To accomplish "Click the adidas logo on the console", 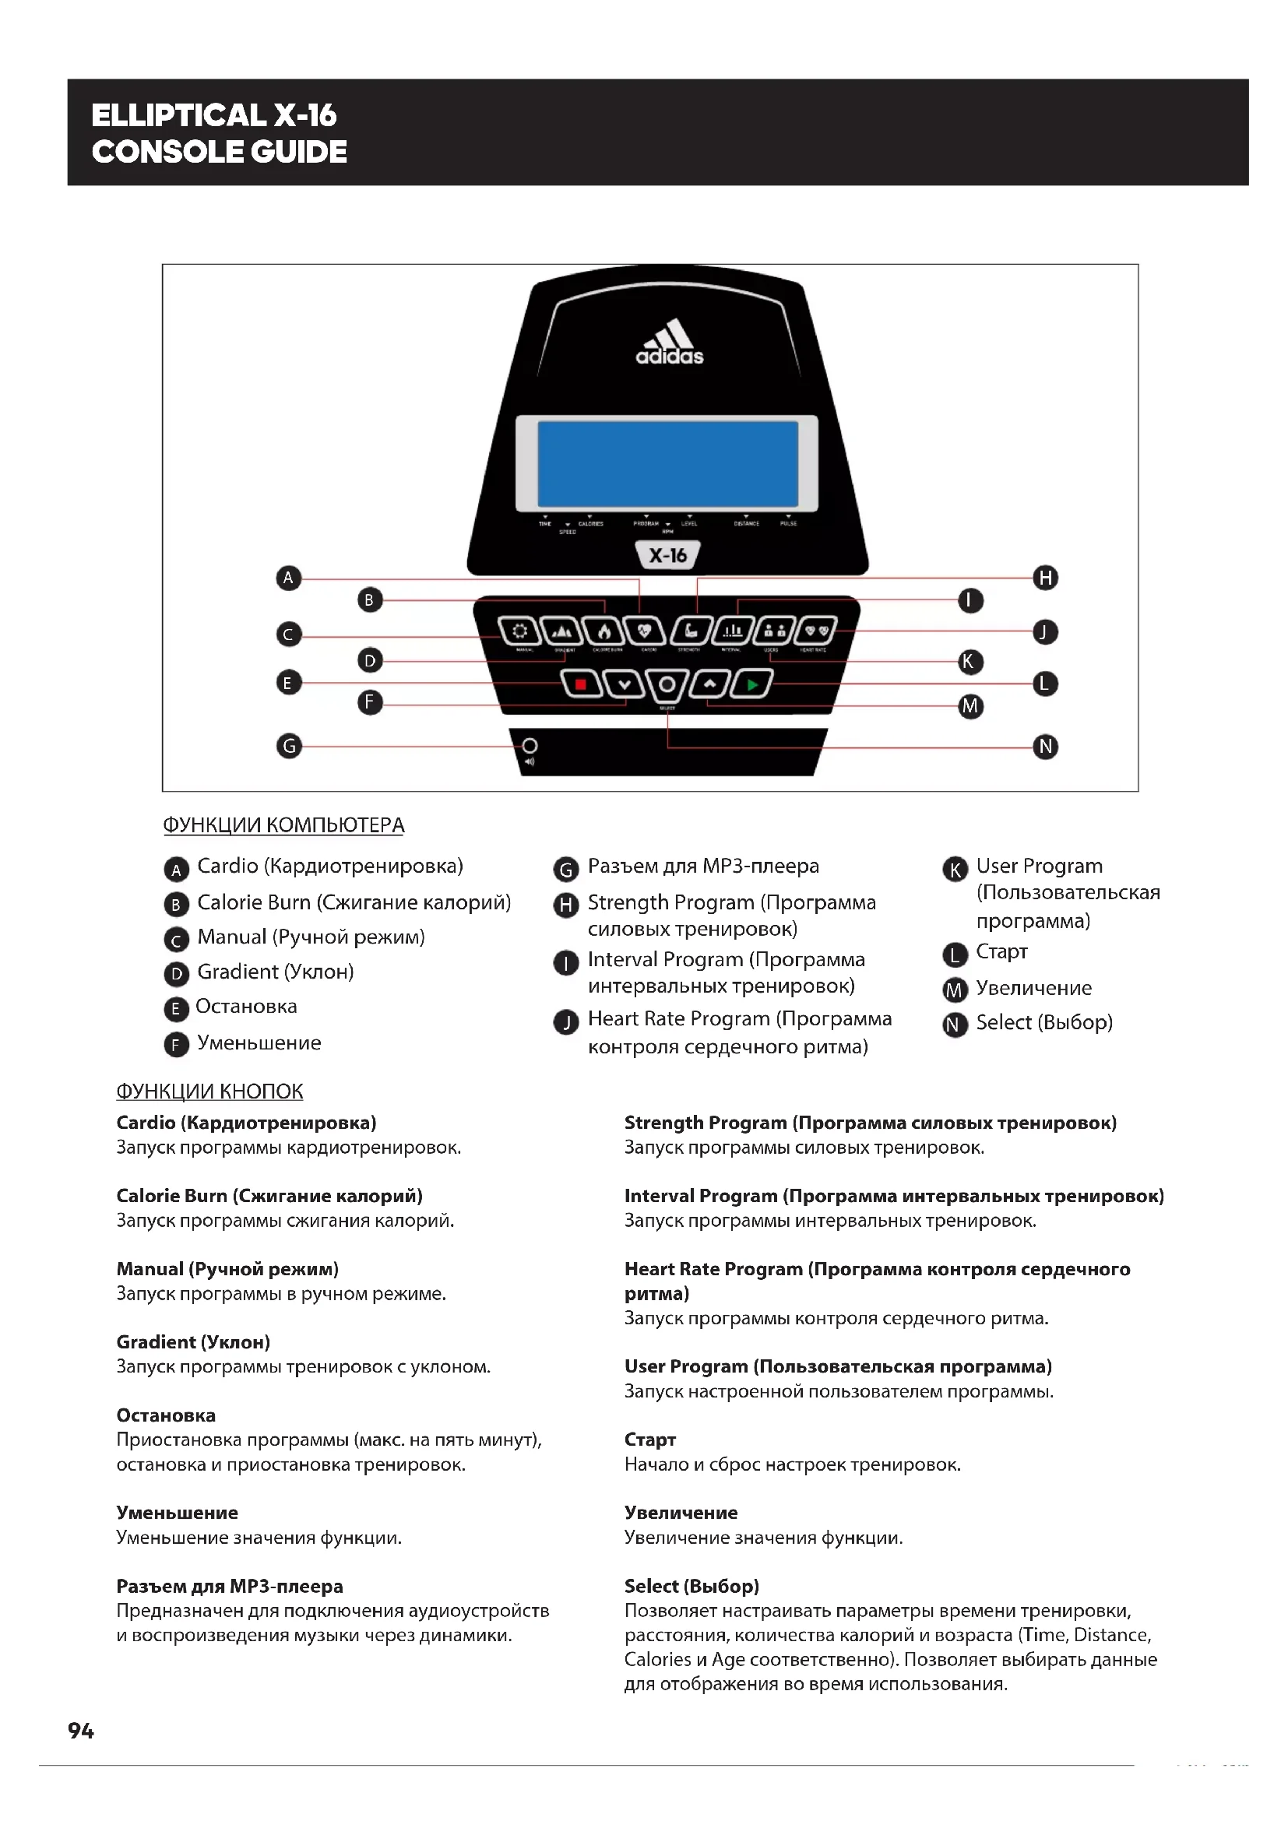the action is point(670,342).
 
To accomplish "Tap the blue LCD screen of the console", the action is point(668,464).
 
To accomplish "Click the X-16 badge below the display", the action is point(668,555).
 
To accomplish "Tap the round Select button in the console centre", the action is point(667,684).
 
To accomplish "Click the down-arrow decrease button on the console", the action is point(625,684).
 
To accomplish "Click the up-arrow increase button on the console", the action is point(710,684).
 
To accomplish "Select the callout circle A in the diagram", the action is point(289,578).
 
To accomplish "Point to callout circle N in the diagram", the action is point(1045,747).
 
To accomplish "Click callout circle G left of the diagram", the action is point(289,746).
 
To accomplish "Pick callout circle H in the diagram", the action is point(1045,578).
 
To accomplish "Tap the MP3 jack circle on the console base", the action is point(530,746).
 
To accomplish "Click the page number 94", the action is point(81,1731).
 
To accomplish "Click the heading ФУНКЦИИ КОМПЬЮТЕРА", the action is point(283,825).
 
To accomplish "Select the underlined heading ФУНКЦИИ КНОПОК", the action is point(209,1092).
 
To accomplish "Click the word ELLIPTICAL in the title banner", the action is point(178,116).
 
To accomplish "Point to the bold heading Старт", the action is point(649,1440).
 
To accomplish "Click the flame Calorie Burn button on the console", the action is point(604,631).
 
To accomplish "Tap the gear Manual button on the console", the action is point(519,631).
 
